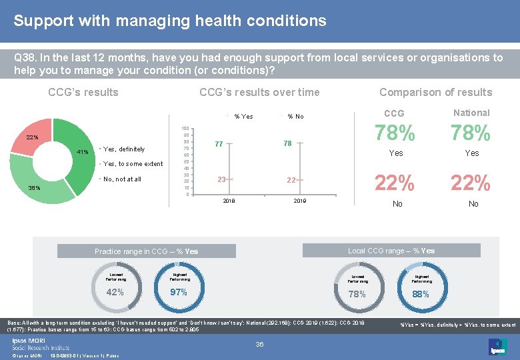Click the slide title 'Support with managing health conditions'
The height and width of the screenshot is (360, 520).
point(170,21)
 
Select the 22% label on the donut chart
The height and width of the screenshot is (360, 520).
point(32,137)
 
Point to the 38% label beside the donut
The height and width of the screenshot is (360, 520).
point(33,188)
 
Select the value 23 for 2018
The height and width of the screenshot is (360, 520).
point(221,179)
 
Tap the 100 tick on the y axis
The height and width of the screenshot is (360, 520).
point(186,128)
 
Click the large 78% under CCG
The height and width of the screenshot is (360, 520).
point(395,134)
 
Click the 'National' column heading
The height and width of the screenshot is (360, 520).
point(471,113)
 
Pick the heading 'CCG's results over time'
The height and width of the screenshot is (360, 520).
point(259,93)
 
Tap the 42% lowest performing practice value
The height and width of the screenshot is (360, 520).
point(115,292)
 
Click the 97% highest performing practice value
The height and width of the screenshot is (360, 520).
point(178,292)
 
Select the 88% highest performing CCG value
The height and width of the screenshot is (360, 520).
point(421,293)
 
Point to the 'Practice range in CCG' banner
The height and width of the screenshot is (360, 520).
point(146,251)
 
